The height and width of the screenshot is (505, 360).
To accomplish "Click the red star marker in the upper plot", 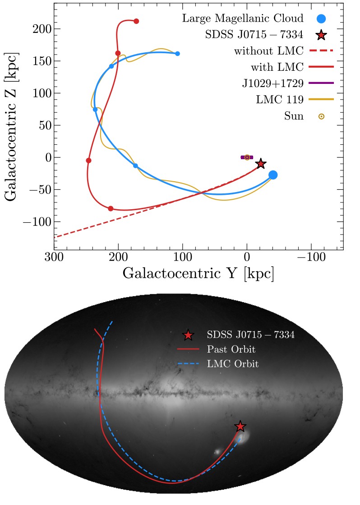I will coord(260,164).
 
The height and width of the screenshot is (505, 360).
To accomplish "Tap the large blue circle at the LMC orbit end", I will coord(273,175).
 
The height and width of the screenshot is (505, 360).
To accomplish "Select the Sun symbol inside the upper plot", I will coord(247,157).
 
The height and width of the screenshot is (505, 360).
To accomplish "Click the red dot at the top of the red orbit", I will coord(136,21).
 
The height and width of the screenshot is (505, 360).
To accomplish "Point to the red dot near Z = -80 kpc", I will coord(111,209).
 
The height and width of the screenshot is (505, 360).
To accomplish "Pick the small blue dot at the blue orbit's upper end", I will coord(177,54).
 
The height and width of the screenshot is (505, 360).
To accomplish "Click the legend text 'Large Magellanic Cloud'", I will coord(243,19).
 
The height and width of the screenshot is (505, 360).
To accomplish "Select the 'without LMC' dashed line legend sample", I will coord(321,51).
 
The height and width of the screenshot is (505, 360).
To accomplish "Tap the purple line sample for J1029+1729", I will coord(321,83).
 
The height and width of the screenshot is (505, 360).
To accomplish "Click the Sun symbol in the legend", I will coord(321,116).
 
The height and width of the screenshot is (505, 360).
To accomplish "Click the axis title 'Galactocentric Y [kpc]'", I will coord(198,274).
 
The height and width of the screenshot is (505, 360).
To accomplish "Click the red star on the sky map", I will coord(240,427).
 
